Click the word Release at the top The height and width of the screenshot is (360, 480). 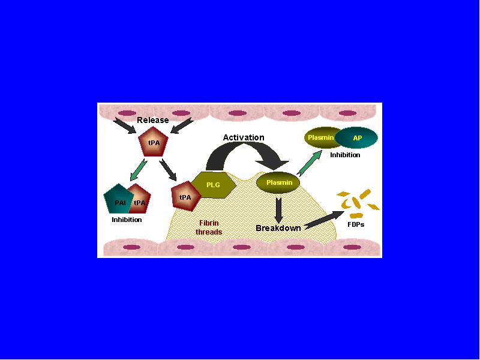pos(153,120)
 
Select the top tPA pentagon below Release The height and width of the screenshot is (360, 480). pos(154,142)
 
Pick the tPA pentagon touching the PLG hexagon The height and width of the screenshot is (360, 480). pos(185,196)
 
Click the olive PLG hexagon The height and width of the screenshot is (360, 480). pos(214,185)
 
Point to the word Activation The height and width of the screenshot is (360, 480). pos(244,137)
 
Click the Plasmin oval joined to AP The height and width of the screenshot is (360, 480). pos(321,137)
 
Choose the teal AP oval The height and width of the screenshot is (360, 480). pos(356,138)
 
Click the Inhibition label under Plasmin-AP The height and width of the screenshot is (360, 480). pos(345,155)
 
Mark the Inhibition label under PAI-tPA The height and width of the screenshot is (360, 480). pos(127,220)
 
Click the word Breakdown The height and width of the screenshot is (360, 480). pos(278,228)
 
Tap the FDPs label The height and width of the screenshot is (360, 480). pos(356,224)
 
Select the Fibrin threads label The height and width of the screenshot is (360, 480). pos(209,227)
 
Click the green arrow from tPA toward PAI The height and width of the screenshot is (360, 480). pos(139,170)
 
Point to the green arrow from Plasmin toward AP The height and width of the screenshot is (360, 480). pos(310,163)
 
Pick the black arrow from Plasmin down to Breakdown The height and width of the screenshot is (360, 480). pos(278,211)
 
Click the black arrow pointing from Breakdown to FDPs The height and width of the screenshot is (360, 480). pos(325,220)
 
